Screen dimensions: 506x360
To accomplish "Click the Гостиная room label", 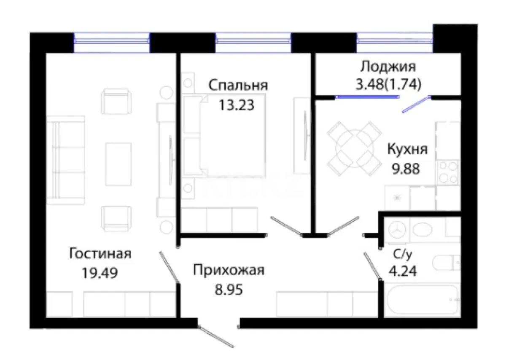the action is point(100,254).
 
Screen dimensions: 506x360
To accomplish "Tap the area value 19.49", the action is point(100,273).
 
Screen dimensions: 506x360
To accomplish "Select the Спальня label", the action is point(238,86).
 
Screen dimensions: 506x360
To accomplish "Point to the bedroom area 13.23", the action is point(237,105).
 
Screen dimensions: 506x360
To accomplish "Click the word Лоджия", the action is point(388,67).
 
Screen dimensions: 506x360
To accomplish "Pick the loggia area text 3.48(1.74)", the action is point(388,84).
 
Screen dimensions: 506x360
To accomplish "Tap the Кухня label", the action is point(407,149).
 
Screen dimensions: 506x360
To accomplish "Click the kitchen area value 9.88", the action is point(406,169).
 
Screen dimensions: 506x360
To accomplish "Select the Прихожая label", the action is point(229,270).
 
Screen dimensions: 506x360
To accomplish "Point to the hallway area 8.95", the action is point(229,290).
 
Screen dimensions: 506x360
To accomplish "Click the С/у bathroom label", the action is point(402,255).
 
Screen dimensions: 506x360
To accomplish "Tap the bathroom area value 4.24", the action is point(403,271).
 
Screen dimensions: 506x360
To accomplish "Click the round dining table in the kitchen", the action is point(354,149).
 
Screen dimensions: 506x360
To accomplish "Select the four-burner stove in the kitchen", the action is point(448,172).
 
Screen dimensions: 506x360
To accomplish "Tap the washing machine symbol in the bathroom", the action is point(397,230).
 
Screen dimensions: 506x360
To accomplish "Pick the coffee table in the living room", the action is point(118,164).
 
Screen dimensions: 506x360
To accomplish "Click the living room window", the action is point(111,42).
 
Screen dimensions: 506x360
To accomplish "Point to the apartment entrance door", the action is point(215,336).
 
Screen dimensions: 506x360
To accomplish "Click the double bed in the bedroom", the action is point(233,135).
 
